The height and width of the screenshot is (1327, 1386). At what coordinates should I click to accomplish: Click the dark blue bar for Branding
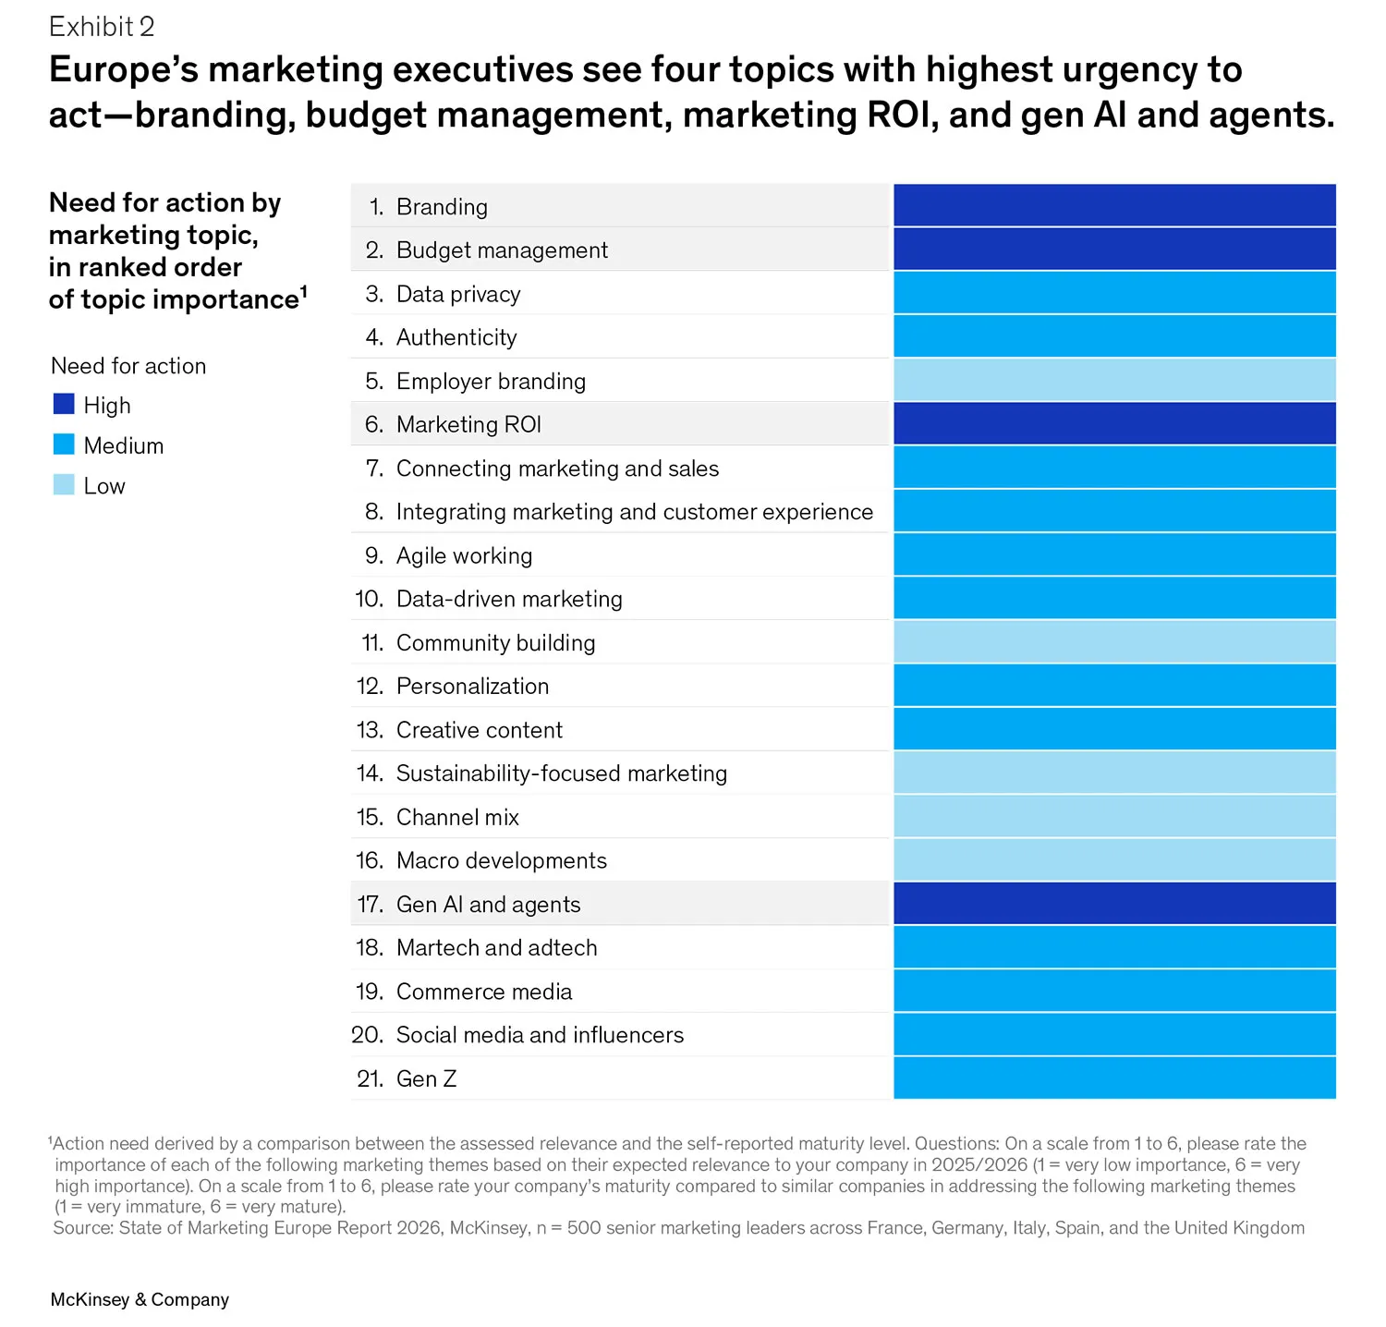tap(1114, 205)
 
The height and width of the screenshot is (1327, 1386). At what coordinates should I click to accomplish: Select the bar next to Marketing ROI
tap(1114, 423)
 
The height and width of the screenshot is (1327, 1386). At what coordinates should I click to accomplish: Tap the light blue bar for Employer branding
tap(1114, 380)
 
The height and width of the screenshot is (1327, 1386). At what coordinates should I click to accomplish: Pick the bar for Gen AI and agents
tap(1114, 903)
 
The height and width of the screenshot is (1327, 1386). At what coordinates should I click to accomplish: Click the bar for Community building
tap(1114, 641)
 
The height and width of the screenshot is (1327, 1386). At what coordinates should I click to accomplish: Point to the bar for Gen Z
tap(1114, 1077)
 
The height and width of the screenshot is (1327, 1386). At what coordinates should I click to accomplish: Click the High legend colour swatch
tap(64, 404)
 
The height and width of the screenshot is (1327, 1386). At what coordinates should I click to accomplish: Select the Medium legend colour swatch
tap(64, 444)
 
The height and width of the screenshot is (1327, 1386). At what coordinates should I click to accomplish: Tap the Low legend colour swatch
tap(64, 484)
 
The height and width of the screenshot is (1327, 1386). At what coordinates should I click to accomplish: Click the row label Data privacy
tap(458, 294)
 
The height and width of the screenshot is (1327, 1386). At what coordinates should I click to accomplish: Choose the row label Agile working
tap(464, 555)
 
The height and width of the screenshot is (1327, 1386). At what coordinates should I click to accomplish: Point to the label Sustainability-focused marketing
tap(562, 773)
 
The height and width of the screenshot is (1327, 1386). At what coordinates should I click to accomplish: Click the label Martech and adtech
tap(496, 947)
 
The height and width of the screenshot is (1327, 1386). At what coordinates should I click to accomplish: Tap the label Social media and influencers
tap(540, 1035)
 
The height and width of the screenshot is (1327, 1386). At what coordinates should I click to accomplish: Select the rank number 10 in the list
tap(369, 599)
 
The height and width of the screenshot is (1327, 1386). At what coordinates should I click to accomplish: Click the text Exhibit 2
tap(102, 27)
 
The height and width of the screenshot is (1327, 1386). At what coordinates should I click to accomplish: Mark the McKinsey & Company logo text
tap(140, 1299)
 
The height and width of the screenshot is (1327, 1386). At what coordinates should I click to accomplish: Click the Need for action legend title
tap(128, 366)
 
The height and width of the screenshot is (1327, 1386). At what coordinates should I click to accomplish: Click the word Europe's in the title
tap(123, 70)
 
